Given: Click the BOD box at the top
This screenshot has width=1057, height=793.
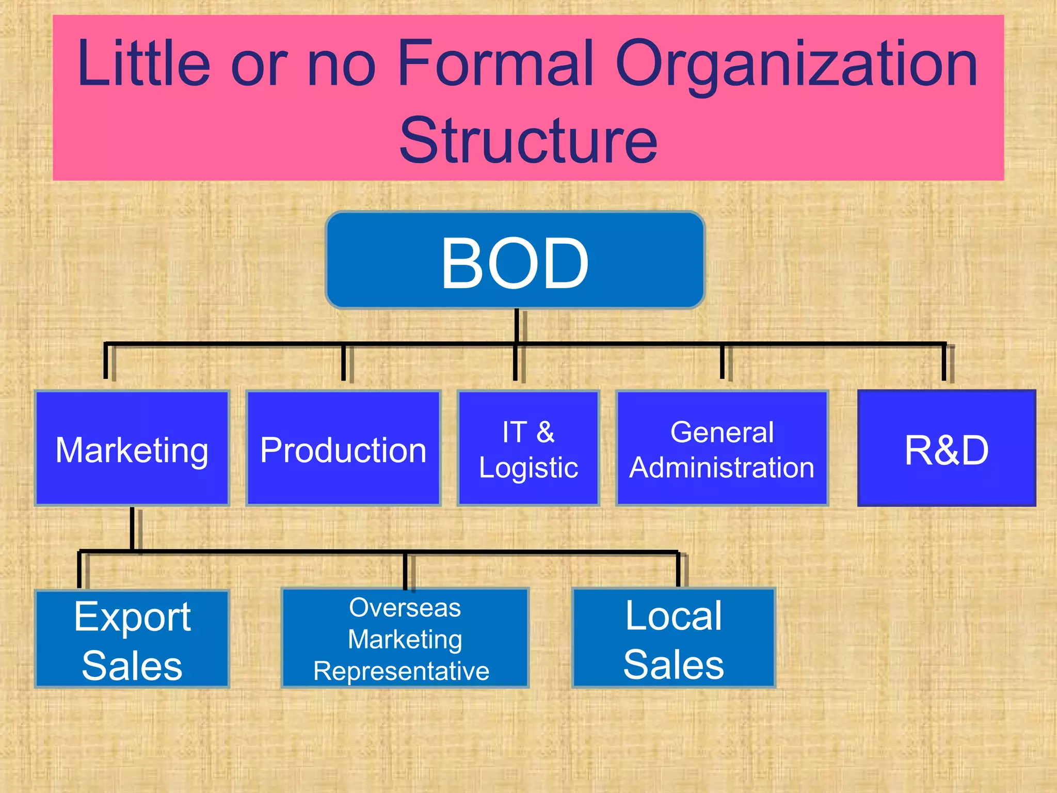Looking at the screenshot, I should coord(515,261).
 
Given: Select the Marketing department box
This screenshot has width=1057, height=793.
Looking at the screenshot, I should coord(132,448).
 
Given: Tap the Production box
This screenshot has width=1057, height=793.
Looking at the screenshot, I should coord(343,448).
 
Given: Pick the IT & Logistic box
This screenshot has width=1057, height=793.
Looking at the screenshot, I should coord(528,448).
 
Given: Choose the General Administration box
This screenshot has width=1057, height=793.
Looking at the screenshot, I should coord(722,448).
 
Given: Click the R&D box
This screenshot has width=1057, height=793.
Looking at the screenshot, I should coord(947,448).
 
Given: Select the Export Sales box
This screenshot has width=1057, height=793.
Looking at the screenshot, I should coord(132,639).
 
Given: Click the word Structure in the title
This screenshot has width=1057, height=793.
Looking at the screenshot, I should coord(528,140).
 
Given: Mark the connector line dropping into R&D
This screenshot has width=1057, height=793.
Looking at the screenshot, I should coord(943,362).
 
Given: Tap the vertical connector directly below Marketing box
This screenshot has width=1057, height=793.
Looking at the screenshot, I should coord(132,529).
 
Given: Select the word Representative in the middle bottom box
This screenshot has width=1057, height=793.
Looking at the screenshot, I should coord(402,671).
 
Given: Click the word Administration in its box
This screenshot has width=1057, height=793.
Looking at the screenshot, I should coord(722,468).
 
